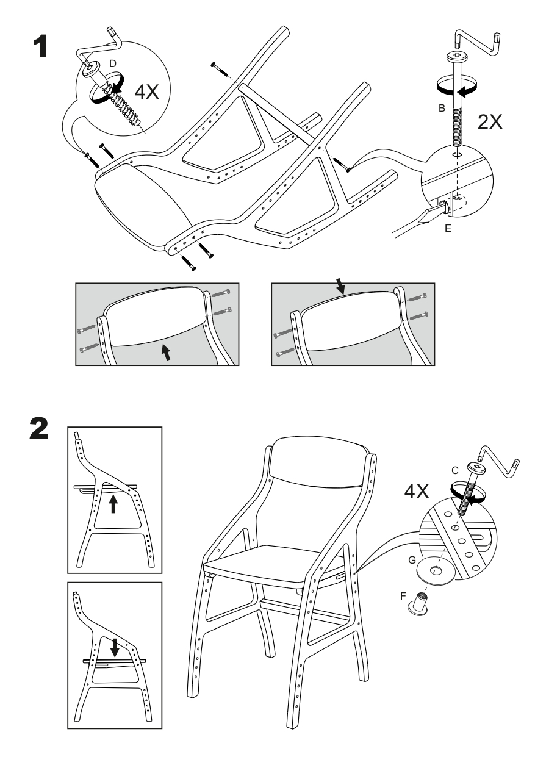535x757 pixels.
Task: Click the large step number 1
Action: [40, 46]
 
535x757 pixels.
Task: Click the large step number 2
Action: [39, 428]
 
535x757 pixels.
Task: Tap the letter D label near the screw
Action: [113, 63]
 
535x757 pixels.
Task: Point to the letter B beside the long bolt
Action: [442, 108]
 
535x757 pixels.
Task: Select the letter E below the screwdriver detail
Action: [448, 229]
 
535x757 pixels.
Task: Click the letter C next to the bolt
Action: [455, 470]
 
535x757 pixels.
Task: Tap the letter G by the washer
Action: [412, 561]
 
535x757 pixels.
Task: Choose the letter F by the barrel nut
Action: [403, 596]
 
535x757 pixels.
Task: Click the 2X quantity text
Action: [490, 121]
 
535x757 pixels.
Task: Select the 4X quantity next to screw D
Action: [146, 91]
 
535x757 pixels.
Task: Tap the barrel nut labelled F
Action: [418, 603]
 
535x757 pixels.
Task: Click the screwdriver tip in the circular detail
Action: [433, 215]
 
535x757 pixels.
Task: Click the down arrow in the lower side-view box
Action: [115, 647]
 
